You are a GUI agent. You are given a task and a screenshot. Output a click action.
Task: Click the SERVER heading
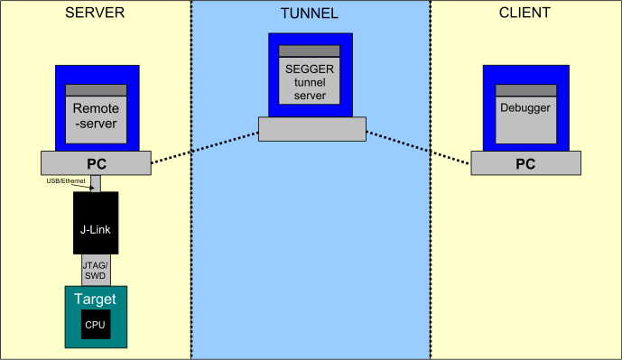pos(95,14)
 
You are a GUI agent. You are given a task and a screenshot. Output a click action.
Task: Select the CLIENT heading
pos(525,14)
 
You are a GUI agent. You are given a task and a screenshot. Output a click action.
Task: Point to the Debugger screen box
pos(525,116)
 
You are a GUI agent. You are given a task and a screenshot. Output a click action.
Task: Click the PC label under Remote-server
pos(96,164)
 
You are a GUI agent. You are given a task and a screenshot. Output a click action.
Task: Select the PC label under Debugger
pos(525,164)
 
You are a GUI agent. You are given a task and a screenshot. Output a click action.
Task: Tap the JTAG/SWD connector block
pos(96,270)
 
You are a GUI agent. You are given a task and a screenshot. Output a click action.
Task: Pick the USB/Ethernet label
pos(66,181)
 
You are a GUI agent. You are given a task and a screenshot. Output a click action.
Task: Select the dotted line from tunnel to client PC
pos(418,148)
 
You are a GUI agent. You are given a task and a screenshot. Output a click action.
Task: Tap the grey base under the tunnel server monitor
pos(311,128)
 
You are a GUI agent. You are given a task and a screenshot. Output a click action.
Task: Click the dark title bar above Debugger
pos(525,89)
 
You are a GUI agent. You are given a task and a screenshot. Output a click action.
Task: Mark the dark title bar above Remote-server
pos(96,90)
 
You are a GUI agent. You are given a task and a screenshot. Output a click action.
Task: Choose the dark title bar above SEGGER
pos(310,51)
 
